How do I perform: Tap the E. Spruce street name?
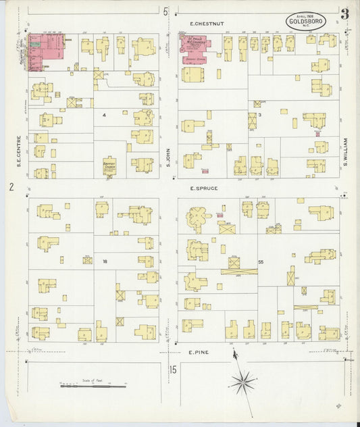click(x=204, y=188)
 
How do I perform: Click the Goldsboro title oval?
click(x=307, y=21)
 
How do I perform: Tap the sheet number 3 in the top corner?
click(x=345, y=14)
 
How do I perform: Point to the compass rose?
click(x=241, y=383)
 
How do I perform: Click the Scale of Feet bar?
click(x=93, y=386)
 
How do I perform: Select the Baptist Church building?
click(x=109, y=166)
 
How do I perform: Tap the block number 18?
click(x=105, y=261)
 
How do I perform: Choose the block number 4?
click(x=104, y=115)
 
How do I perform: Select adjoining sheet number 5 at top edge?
click(x=165, y=11)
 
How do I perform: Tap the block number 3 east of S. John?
click(x=259, y=115)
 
